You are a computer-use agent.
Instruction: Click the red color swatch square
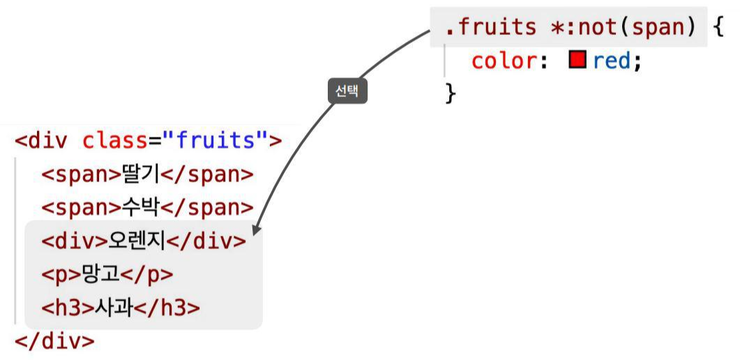576,61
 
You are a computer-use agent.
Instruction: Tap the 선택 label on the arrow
347,91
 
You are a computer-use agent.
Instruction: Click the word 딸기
141,174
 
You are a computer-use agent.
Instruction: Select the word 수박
141,208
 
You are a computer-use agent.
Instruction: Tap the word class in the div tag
114,141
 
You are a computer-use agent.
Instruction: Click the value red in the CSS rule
612,61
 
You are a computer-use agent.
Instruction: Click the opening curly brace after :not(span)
719,27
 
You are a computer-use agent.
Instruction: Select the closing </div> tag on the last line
54,341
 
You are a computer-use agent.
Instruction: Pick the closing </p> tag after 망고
146,274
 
